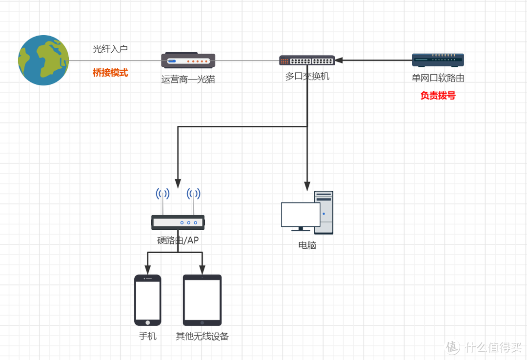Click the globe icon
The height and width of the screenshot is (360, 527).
[43, 60]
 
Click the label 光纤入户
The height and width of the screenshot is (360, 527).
[110, 49]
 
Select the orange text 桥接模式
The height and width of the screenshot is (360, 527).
[110, 73]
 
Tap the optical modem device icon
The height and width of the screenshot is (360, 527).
[188, 60]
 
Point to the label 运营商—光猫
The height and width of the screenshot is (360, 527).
[188, 79]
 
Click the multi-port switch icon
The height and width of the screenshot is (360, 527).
[307, 60]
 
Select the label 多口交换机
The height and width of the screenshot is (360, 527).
[307, 77]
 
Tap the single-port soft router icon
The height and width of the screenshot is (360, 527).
[438, 60]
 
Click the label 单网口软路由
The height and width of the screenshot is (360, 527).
[438, 78]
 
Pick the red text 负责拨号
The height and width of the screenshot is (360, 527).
[438, 96]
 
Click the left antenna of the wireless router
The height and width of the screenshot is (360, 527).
[162, 200]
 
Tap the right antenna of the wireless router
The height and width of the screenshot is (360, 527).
[194, 200]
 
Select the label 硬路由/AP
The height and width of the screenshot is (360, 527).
[178, 240]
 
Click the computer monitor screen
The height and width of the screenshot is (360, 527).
[301, 215]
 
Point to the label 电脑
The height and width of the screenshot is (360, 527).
[307, 245]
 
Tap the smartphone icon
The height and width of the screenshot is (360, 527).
[147, 300]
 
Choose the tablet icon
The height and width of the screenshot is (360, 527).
[202, 300]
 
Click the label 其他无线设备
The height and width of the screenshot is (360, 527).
[202, 337]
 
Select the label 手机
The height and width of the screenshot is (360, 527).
[147, 337]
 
